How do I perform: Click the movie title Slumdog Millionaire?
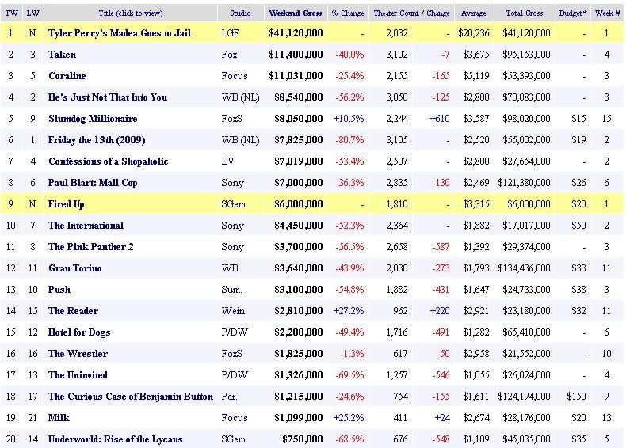pos(93,119)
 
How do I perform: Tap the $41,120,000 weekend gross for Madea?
pos(295,33)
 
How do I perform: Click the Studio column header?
pos(240,13)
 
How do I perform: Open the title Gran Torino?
pos(75,268)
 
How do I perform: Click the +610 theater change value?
pos(438,119)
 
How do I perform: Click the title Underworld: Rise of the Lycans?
pos(115,439)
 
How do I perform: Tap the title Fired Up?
pos(67,204)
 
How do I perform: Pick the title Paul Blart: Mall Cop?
pos(93,183)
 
